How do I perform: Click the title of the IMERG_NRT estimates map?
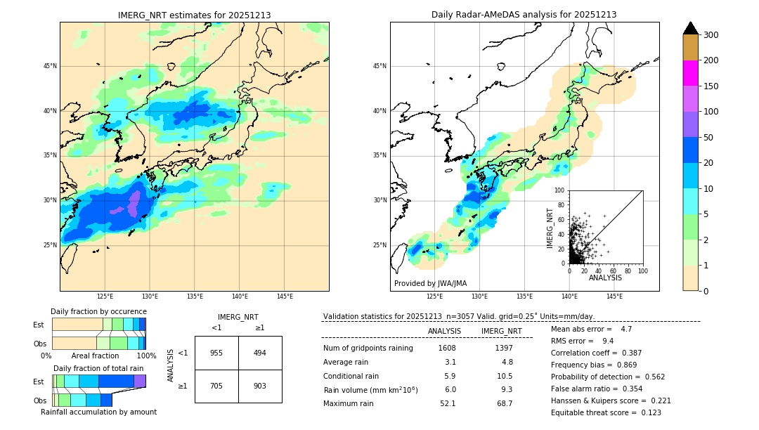coord(194,15)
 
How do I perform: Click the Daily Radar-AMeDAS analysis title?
coord(524,15)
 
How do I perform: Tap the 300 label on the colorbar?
coord(711,35)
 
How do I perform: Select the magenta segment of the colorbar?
coord(690,73)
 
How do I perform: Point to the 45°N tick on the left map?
coord(50,66)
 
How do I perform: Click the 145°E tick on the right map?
coord(614,297)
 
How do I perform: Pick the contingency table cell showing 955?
coord(216,353)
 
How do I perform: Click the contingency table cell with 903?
coord(260,386)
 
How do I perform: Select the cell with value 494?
coord(260,353)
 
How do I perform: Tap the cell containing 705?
coord(216,386)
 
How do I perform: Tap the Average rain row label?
coord(346,362)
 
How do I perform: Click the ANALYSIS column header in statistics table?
coord(444,331)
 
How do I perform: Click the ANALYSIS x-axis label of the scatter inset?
coord(605,278)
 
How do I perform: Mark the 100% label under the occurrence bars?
coord(146,356)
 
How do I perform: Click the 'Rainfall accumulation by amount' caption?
coord(98,412)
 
